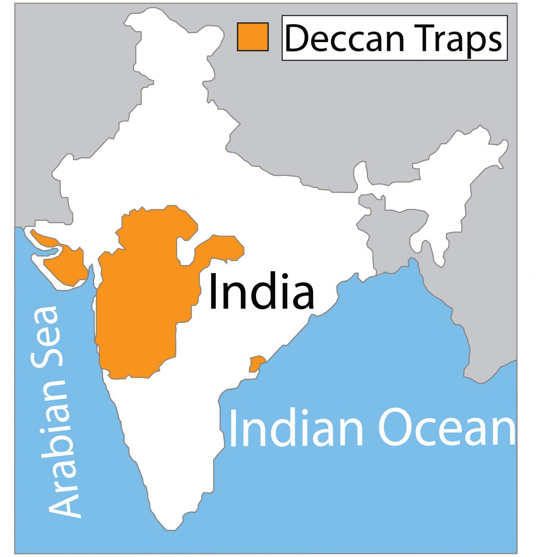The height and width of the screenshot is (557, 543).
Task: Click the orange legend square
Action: pyautogui.click(x=253, y=37)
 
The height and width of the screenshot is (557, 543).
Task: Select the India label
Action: pyautogui.click(x=261, y=291)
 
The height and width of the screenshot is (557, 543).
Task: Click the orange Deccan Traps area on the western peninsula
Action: pyautogui.click(x=60, y=260)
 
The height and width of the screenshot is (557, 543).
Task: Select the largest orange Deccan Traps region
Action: pyautogui.click(x=143, y=302)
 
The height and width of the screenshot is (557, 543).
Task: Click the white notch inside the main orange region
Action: pyautogui.click(x=186, y=251)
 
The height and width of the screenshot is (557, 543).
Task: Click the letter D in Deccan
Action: pyautogui.click(x=296, y=38)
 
